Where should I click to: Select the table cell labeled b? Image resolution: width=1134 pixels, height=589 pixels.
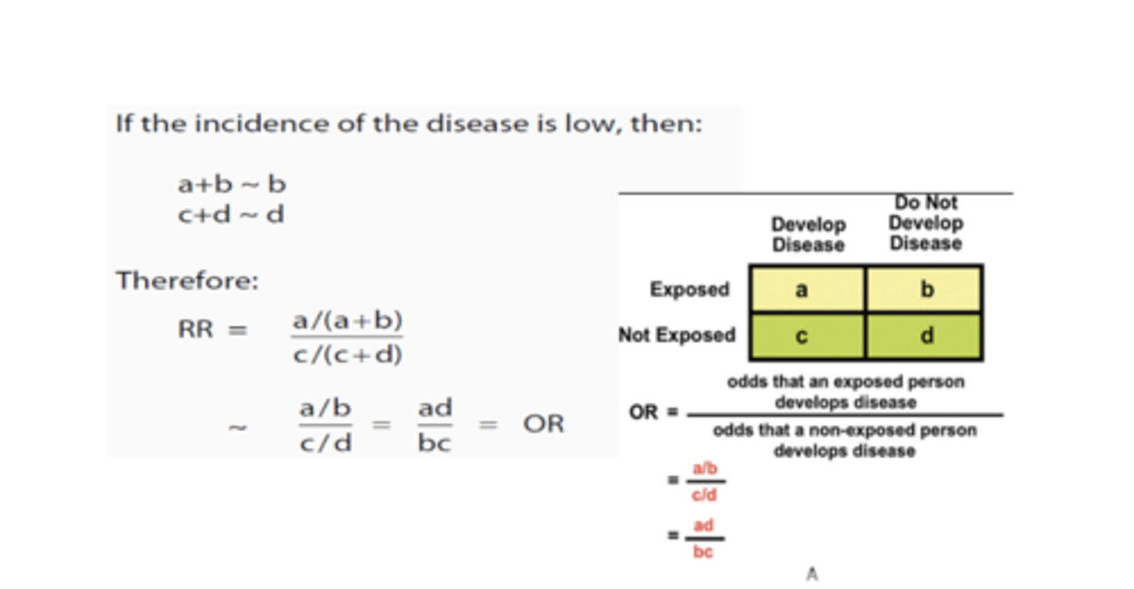(925, 289)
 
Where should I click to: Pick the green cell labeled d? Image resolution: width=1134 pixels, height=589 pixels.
(925, 337)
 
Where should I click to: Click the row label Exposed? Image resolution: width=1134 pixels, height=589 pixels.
(689, 290)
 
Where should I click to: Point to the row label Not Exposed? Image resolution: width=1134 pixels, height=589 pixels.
(676, 335)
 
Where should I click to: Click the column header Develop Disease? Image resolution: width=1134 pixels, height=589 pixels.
(808, 235)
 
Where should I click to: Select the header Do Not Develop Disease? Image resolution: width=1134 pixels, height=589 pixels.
(925, 223)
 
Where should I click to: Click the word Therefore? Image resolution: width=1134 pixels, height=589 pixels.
(187, 281)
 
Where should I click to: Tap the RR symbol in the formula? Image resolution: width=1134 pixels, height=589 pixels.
(195, 329)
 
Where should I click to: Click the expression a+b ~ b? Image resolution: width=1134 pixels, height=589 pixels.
(232, 184)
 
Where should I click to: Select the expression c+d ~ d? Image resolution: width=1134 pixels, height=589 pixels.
(231, 214)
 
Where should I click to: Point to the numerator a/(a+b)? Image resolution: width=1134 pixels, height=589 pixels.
(347, 320)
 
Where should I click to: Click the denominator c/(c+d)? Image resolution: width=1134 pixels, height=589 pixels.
(347, 355)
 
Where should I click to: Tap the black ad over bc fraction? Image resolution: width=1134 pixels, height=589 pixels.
(435, 425)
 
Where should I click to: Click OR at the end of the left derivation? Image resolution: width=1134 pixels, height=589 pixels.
(543, 424)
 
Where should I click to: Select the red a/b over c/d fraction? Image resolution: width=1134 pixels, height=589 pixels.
(704, 482)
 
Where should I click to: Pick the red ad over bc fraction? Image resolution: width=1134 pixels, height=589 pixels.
(703, 539)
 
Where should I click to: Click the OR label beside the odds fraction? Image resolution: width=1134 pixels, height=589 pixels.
(643, 413)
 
